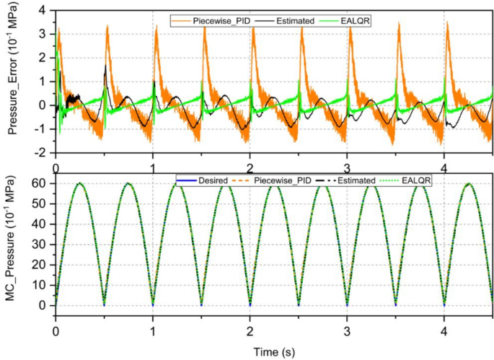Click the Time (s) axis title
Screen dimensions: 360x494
pos(273,351)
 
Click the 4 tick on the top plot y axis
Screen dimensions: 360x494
pos(45,10)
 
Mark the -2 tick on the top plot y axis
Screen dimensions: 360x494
pos(43,153)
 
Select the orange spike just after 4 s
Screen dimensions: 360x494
pos(447,23)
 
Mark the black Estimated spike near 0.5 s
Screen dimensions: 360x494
pos(105,66)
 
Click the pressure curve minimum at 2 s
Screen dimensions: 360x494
pos(250,304)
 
